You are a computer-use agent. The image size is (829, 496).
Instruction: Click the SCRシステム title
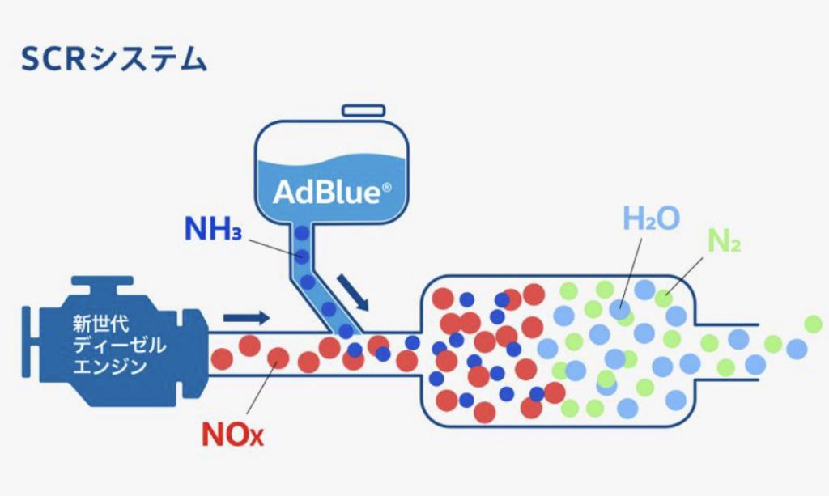pyautogui.click(x=113, y=58)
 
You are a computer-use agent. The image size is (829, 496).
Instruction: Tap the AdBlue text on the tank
pyautogui.click(x=327, y=192)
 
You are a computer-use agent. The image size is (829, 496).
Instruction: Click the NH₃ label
pyautogui.click(x=213, y=229)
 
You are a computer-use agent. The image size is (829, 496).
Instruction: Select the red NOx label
pyautogui.click(x=232, y=435)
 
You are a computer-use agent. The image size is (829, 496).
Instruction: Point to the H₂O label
pyautogui.click(x=652, y=218)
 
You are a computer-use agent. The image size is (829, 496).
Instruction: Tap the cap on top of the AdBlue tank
pyautogui.click(x=363, y=110)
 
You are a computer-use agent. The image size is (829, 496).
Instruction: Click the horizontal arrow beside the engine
pyautogui.click(x=246, y=318)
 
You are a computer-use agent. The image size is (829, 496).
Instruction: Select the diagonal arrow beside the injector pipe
pyautogui.click(x=353, y=292)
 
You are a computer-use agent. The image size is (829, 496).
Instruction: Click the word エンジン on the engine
pyautogui.click(x=109, y=366)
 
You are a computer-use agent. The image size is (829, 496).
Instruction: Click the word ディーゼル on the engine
pyautogui.click(x=119, y=345)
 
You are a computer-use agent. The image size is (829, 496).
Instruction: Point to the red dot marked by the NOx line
pyautogui.click(x=278, y=358)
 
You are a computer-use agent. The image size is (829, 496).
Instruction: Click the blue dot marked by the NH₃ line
pyautogui.click(x=302, y=256)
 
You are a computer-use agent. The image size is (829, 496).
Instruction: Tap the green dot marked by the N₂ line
pyautogui.click(x=664, y=299)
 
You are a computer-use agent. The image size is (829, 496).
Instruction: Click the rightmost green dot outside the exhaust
pyautogui.click(x=813, y=324)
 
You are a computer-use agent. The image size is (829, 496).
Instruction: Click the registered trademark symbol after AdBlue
pyautogui.click(x=386, y=188)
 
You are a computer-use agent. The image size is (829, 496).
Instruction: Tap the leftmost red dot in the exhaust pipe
pyautogui.click(x=222, y=359)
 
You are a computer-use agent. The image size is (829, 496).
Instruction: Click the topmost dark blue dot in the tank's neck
pyautogui.click(x=302, y=232)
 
